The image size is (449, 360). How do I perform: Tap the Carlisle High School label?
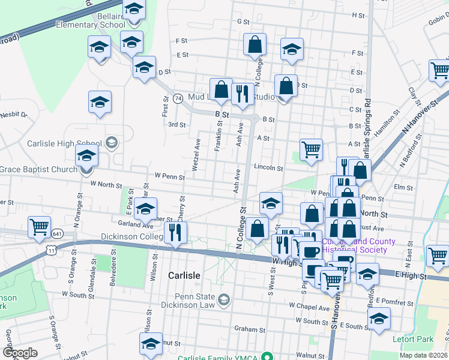[x=63, y=143]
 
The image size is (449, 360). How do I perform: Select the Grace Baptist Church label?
[x=39, y=170]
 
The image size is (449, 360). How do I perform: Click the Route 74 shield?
[x=178, y=98]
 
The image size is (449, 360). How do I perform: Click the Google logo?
[x=20, y=353]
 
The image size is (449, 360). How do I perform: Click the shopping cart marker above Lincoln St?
[x=311, y=149]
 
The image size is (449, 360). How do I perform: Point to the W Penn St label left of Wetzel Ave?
[x=169, y=176]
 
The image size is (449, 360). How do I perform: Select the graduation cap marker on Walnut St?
[x=151, y=343]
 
